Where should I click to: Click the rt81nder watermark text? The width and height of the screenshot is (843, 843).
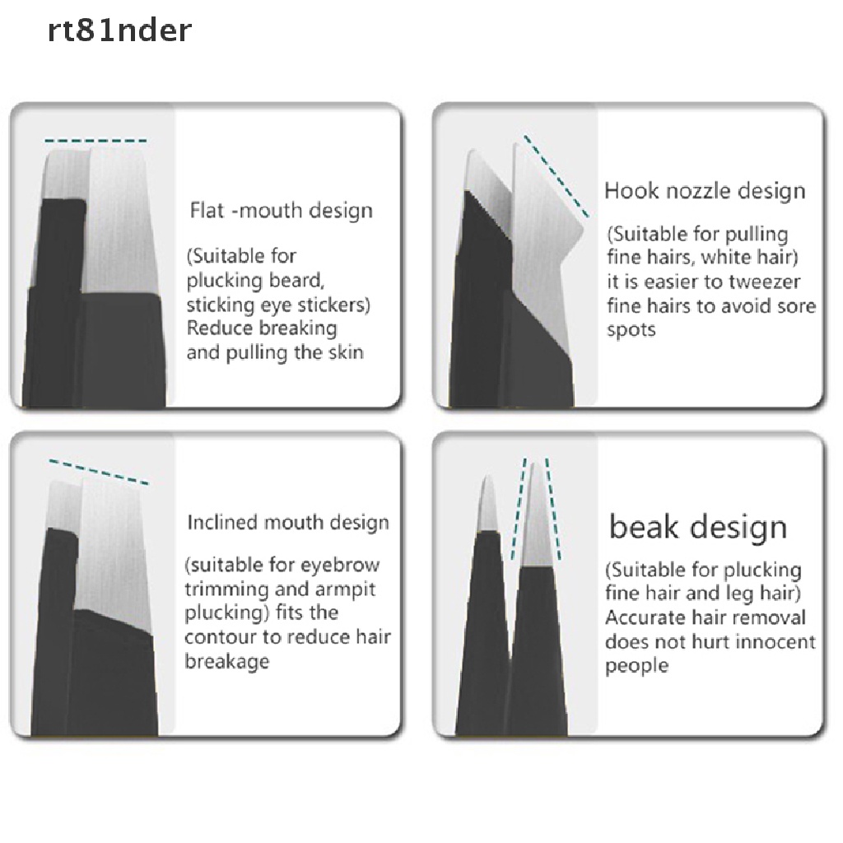[109, 30]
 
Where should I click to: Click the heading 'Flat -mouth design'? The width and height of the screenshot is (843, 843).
[281, 211]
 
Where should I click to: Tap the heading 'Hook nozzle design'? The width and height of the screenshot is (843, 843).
[705, 191]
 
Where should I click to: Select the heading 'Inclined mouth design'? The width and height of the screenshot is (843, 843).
[288, 523]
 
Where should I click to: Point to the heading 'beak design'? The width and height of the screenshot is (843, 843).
[698, 527]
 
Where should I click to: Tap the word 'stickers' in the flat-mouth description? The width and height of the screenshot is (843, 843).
[328, 305]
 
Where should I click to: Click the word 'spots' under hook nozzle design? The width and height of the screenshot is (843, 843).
[632, 330]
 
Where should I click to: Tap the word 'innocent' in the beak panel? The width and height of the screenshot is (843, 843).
[773, 642]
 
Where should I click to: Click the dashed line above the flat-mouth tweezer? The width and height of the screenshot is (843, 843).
[96, 140]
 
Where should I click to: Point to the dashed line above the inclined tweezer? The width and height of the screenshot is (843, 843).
[99, 471]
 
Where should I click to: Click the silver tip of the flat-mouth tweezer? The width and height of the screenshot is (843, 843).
[115, 214]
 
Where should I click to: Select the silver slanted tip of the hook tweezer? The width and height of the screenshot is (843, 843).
[539, 198]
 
